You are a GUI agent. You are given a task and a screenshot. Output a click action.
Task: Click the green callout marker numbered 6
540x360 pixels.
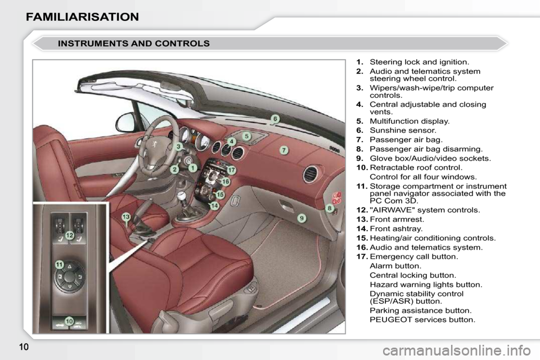[x=275, y=119]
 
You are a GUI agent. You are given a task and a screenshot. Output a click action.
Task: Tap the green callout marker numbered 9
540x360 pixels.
[x=301, y=218]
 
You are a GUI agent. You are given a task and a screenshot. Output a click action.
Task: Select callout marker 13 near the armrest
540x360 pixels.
[x=126, y=217]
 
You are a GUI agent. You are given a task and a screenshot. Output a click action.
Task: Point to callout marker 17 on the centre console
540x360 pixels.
[x=231, y=170]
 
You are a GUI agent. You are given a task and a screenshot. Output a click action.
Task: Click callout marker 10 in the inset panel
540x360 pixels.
[x=69, y=321]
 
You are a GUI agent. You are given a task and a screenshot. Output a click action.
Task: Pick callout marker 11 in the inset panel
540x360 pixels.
[x=60, y=264]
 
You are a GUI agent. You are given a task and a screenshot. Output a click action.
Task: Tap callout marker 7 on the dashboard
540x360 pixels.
[x=283, y=150]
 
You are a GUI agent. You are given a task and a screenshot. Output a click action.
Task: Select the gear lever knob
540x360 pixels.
[x=181, y=196]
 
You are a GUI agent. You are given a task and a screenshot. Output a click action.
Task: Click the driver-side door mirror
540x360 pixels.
[x=125, y=121]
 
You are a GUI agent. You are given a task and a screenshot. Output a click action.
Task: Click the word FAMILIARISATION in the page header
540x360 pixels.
[x=82, y=17]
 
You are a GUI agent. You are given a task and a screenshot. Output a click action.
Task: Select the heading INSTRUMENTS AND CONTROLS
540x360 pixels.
[x=134, y=43]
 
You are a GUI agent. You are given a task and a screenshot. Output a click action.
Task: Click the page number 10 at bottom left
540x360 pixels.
[x=24, y=346]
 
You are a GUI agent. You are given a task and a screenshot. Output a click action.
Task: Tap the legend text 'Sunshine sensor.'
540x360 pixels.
[x=403, y=130]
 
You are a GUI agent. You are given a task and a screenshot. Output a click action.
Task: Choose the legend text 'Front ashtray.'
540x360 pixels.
[x=396, y=228]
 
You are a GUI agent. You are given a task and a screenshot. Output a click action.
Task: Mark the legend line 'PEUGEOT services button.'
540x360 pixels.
[x=422, y=319]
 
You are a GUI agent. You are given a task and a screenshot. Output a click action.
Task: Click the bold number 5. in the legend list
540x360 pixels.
[x=359, y=121]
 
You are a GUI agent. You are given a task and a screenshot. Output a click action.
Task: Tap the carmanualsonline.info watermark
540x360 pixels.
[x=457, y=350]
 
